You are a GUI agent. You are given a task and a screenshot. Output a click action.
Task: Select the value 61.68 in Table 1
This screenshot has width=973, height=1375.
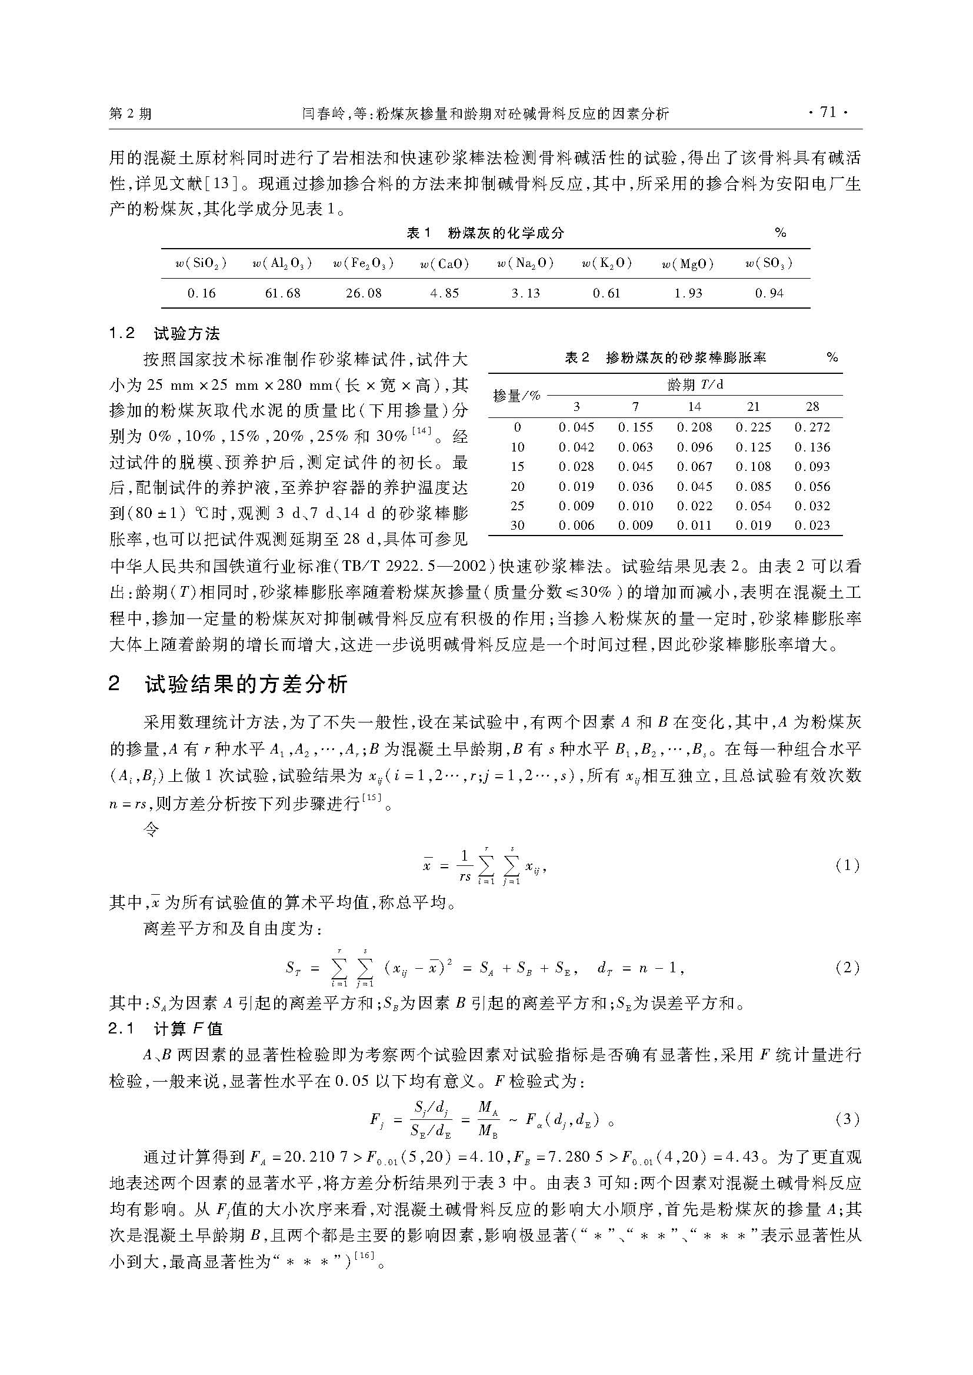tap(283, 293)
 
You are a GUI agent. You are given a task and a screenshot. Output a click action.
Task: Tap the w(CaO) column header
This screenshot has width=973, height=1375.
tap(445, 263)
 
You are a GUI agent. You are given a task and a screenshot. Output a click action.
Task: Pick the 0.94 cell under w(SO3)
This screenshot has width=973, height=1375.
tap(769, 293)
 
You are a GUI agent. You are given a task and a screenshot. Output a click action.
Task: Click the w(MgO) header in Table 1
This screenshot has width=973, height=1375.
tap(688, 263)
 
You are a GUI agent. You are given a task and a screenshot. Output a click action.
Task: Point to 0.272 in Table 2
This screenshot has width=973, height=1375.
tap(812, 427)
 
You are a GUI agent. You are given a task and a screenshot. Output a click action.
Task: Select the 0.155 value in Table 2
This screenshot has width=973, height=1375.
tap(635, 427)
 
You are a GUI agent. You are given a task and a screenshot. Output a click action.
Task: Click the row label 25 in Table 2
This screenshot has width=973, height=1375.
tap(517, 506)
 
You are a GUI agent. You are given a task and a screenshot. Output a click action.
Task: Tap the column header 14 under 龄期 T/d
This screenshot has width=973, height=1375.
tap(694, 407)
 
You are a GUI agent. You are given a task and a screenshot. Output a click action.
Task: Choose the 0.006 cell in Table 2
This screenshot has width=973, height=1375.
tap(577, 525)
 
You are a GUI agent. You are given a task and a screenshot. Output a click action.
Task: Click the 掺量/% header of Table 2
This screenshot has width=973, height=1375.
tap(517, 396)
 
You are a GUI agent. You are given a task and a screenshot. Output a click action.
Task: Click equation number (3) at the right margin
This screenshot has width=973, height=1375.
tap(847, 1119)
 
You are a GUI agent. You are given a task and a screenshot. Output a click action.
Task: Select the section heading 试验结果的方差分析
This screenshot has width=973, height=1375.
tap(246, 684)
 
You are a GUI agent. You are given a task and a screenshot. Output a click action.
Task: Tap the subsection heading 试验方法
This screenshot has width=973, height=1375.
tap(186, 333)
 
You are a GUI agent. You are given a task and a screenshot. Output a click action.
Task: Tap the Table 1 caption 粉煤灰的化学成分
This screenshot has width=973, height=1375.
tap(506, 233)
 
